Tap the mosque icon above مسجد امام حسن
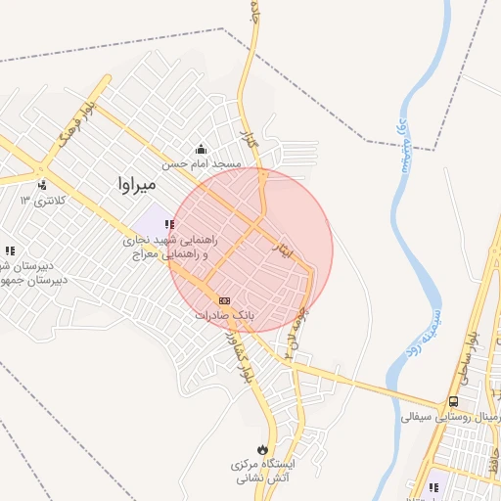point(202,149)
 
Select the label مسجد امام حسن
point(202,164)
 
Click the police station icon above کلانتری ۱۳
point(41,184)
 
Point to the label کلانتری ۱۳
point(40,201)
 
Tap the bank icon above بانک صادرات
point(224,300)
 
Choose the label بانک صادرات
point(224,316)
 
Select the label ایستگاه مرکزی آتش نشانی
point(268,471)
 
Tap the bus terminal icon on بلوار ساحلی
point(453,400)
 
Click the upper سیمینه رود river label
point(400,144)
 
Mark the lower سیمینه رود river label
point(432,332)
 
